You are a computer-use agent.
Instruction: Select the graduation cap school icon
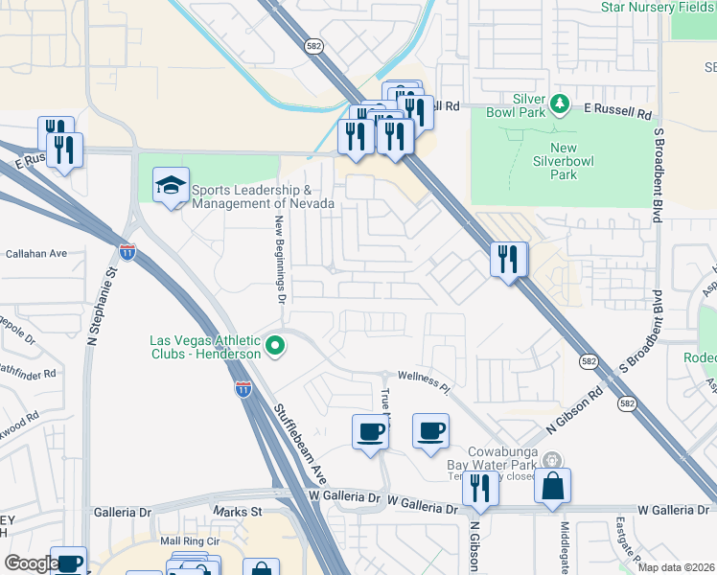(171, 187)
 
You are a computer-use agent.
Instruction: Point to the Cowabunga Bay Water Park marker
(549, 461)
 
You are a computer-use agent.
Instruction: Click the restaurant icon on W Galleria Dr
(479, 488)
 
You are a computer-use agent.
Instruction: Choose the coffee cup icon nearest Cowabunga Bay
(430, 430)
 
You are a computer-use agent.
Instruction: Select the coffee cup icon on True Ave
(370, 432)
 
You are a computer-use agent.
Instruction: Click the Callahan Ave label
(36, 254)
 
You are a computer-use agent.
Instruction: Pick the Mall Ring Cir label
(190, 541)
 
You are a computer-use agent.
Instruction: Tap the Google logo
(31, 564)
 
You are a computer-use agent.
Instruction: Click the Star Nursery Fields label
(659, 8)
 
